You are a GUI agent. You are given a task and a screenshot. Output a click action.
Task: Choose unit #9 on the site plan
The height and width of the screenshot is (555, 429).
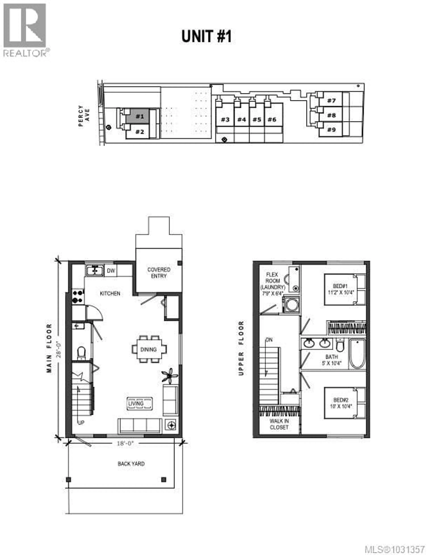[331, 130]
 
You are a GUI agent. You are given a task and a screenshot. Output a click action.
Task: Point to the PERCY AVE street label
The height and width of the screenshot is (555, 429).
[84, 116]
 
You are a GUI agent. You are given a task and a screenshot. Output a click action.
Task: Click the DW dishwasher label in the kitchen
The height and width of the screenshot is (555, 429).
[111, 271]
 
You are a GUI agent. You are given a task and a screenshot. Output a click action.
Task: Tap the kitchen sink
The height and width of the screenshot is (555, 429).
[95, 270]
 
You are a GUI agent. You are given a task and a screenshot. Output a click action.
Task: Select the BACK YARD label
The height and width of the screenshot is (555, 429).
[131, 464]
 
